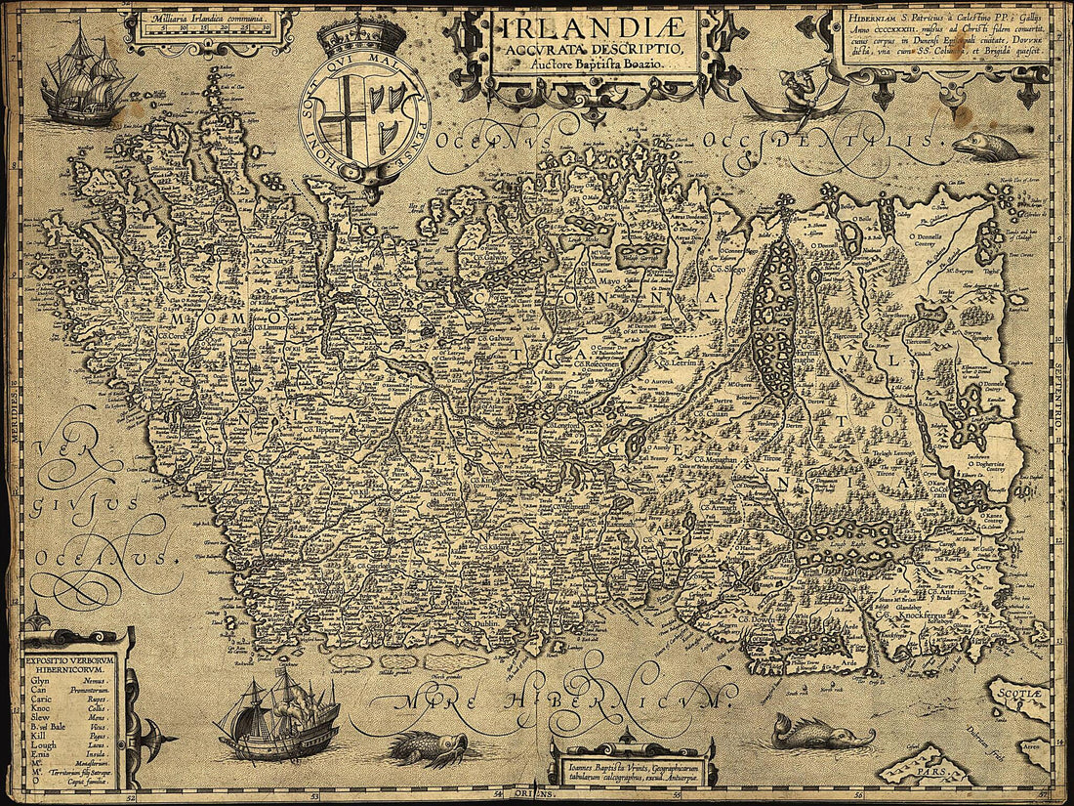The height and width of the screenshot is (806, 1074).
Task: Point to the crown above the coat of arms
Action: [x=362, y=37]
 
